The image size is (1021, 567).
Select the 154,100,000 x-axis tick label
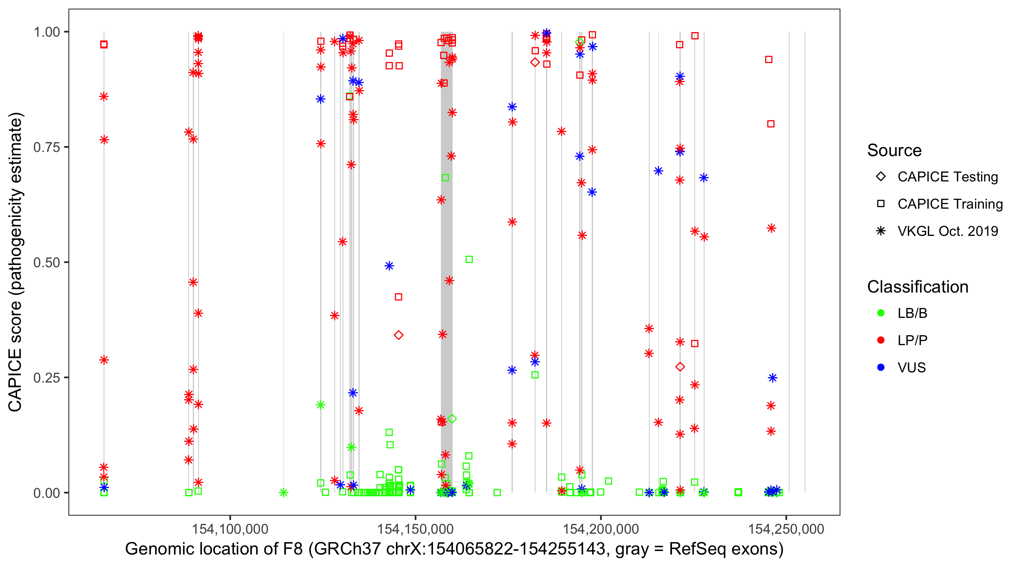[230, 529]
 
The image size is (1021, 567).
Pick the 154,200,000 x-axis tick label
[601, 529]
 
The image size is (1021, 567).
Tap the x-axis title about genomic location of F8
[454, 549]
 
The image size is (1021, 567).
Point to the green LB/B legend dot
[881, 313]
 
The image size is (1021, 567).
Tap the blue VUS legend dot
[881, 367]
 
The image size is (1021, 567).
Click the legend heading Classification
[917, 287]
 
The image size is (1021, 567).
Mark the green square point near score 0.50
[469, 260]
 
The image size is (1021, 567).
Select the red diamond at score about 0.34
[399, 335]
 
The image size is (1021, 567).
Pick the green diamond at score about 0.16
[452, 419]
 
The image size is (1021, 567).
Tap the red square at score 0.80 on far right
[771, 124]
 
